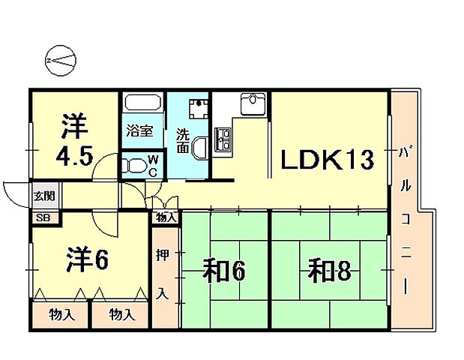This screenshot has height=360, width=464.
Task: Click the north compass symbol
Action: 60,60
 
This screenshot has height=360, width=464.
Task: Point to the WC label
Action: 152,164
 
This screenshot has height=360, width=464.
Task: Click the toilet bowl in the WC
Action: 134,164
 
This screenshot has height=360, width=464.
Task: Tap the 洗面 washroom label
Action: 182,141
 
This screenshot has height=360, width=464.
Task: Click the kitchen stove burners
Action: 223,136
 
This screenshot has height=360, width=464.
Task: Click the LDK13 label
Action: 327,159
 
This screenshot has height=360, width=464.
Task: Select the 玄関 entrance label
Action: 43,197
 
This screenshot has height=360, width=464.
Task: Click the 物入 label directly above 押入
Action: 166,218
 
